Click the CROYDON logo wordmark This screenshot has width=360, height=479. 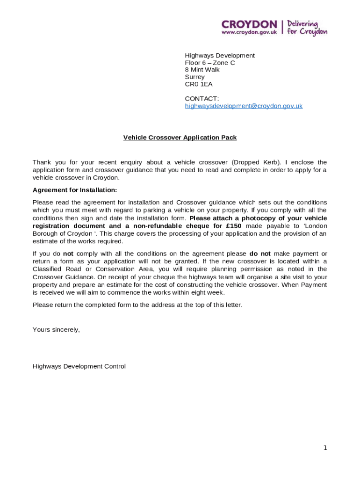coord(249,24)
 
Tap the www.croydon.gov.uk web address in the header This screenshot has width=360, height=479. coord(249,32)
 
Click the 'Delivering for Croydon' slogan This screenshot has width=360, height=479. coord(307,28)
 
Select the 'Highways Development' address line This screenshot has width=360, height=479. coord(220,56)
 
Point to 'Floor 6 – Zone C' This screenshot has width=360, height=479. coord(210,63)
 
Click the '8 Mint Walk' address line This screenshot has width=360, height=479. coord(202,70)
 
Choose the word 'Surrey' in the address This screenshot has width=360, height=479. coord(194,77)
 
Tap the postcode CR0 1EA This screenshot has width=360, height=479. coord(199,84)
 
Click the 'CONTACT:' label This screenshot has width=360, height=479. coord(202,99)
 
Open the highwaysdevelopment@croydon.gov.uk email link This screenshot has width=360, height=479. coord(244,106)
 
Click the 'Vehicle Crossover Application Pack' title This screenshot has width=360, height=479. coord(180,138)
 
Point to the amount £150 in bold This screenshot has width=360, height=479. coord(233,226)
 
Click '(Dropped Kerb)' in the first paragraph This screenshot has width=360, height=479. coord(257,162)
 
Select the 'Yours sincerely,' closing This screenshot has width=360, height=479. coord(56,329)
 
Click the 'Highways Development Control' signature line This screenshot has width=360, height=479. coord(79,366)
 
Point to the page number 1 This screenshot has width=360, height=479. coord(325,448)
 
